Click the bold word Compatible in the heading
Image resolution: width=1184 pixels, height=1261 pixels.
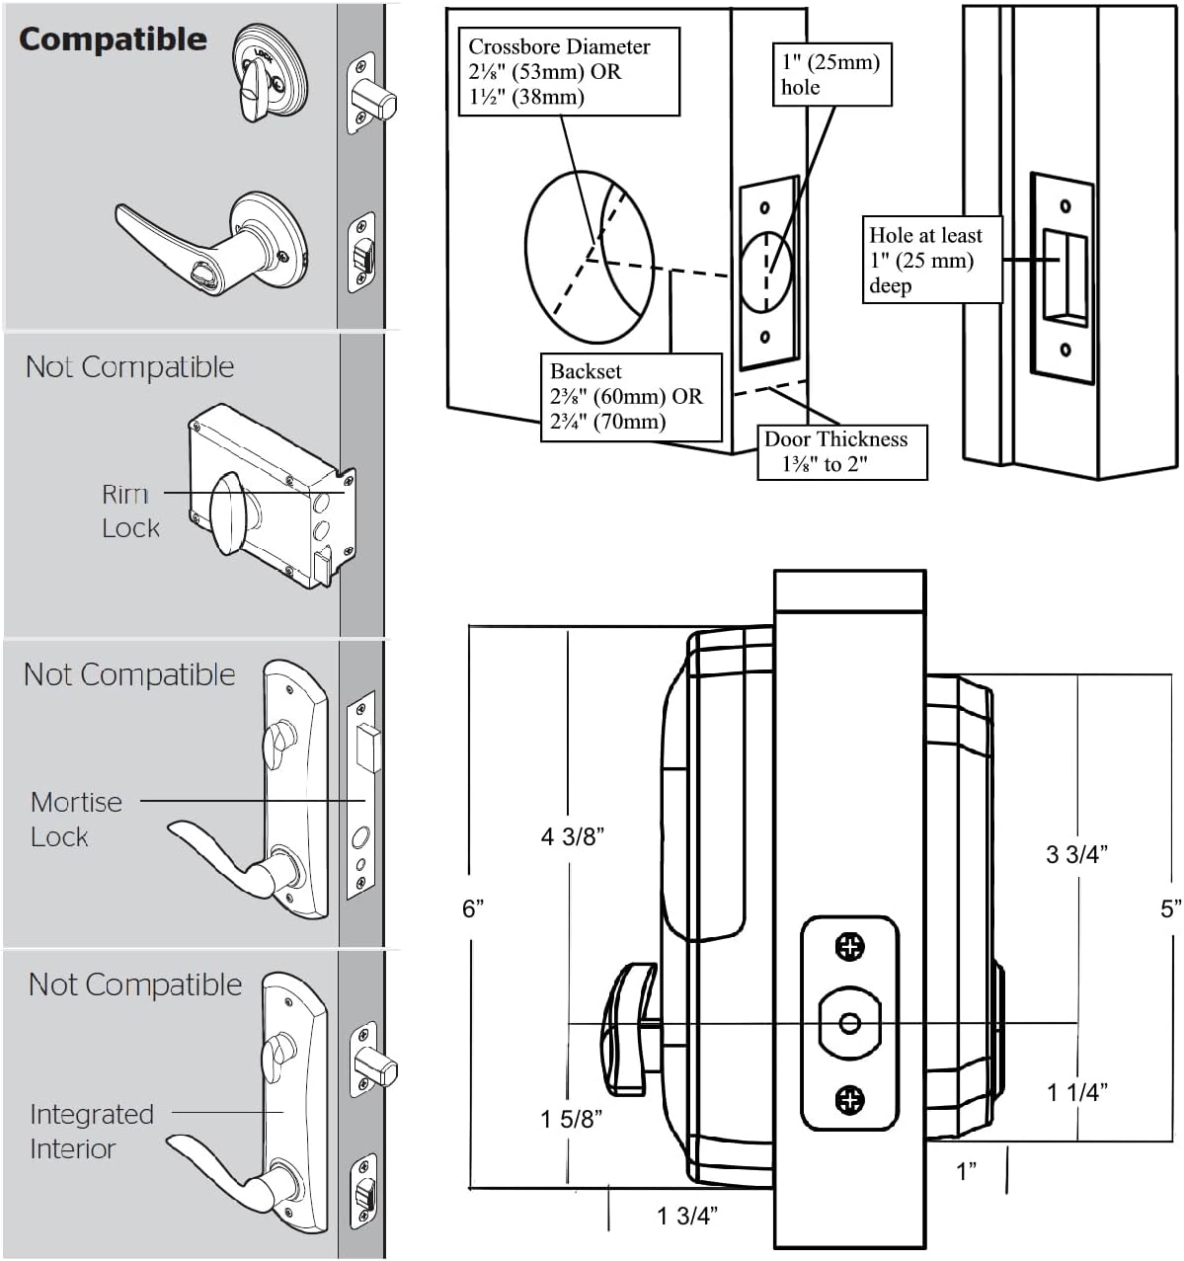(113, 39)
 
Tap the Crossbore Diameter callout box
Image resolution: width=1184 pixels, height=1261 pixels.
(569, 71)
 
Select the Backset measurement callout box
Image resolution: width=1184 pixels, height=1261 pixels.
(630, 397)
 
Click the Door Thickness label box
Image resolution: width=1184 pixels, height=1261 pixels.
(841, 452)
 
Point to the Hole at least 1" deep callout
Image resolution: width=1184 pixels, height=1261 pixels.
(931, 260)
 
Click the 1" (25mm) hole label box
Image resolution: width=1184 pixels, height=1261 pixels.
(830, 74)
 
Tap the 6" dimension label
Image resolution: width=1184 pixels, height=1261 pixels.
(473, 908)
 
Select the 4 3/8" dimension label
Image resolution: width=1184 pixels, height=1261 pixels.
(573, 837)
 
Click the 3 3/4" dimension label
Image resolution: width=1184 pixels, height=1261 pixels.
(1076, 854)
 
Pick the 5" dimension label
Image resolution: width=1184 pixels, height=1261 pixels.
(1170, 908)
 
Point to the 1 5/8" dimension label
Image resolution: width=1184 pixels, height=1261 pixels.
(572, 1119)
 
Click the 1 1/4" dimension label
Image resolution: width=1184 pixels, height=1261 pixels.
(1077, 1092)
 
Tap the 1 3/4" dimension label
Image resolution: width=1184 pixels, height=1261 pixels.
(687, 1216)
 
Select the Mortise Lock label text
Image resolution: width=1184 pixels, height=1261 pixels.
(75, 819)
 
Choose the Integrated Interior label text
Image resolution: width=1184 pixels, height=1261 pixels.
(91, 1132)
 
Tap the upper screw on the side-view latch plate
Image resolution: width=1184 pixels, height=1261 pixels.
(850, 947)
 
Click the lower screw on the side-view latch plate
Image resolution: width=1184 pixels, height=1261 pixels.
(850, 1099)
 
